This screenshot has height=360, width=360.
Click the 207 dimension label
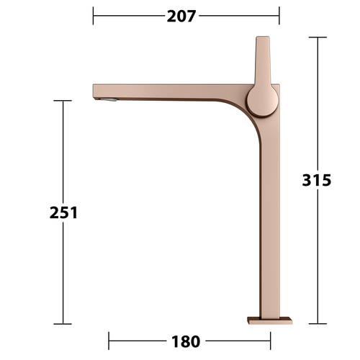tap(181, 16)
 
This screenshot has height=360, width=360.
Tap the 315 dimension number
tap(317, 180)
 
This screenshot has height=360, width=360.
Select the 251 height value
tap(63, 212)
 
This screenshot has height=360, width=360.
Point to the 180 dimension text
tap(186, 341)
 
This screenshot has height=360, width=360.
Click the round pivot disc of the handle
tap(263, 100)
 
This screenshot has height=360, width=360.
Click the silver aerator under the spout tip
tap(109, 99)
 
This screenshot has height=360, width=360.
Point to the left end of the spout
tap(94, 91)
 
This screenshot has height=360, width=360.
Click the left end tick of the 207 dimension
tap(93, 16)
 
